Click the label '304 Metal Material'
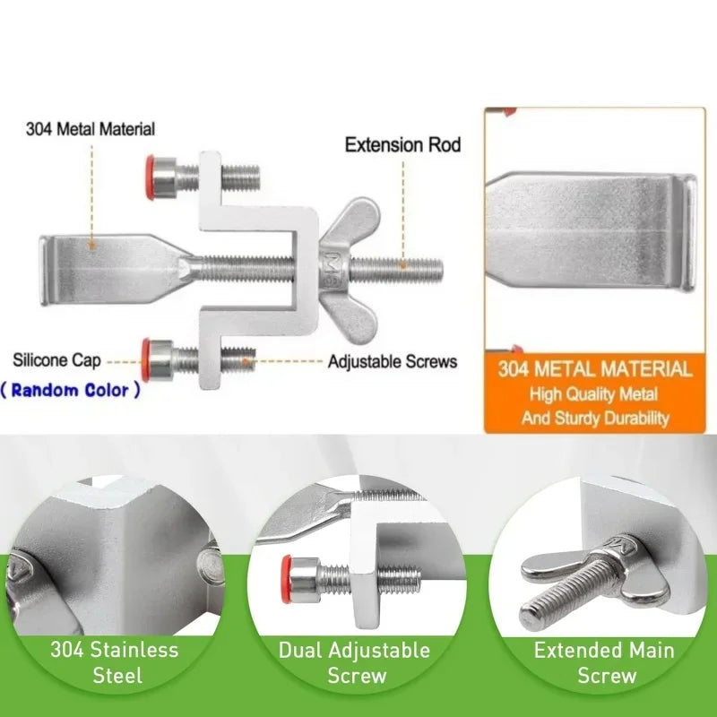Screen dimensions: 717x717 tap(91, 129)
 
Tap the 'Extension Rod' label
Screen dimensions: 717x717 tap(402, 145)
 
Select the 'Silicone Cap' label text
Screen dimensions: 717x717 tap(56, 360)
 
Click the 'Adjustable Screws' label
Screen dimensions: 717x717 tap(393, 362)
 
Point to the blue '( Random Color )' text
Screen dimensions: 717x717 tap(70, 390)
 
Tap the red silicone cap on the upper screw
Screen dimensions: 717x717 tap(150, 177)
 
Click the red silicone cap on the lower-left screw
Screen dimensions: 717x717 tap(145, 360)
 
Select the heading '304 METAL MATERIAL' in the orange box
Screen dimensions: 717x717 tap(595, 369)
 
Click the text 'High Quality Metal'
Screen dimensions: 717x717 tap(593, 394)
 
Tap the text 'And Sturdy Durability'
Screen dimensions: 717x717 tap(595, 418)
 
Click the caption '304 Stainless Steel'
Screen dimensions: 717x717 tap(115, 662)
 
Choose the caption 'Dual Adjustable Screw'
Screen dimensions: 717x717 tap(355, 662)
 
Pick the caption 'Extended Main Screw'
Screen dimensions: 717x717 tap(604, 662)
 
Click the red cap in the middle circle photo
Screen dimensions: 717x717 tap(287, 579)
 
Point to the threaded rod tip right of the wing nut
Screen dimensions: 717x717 tap(438, 270)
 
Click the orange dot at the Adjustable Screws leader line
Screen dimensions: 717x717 tap(246, 362)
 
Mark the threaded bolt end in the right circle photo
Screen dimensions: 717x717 tap(531, 618)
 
